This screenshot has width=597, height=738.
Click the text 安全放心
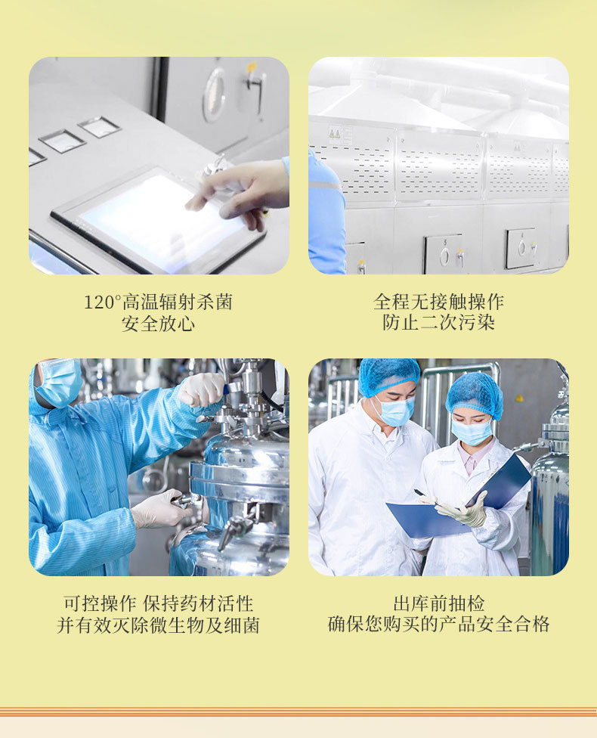point(158,324)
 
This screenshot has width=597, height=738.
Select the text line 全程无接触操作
point(438,302)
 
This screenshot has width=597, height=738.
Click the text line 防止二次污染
point(438,323)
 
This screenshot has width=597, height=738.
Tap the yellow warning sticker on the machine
point(335,134)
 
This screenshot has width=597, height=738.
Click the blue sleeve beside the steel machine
point(326,212)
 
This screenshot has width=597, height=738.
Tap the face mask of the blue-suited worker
point(59,382)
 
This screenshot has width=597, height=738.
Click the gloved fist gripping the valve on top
point(201,389)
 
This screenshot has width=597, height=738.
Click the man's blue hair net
point(388,376)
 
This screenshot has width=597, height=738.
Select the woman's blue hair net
point(475,395)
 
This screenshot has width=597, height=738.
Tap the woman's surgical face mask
point(472,432)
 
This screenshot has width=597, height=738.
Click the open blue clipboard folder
point(459,500)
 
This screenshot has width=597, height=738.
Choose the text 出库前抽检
point(438,603)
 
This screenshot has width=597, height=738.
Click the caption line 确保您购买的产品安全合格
point(438,624)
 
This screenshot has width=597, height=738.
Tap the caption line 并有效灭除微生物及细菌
point(158,625)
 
